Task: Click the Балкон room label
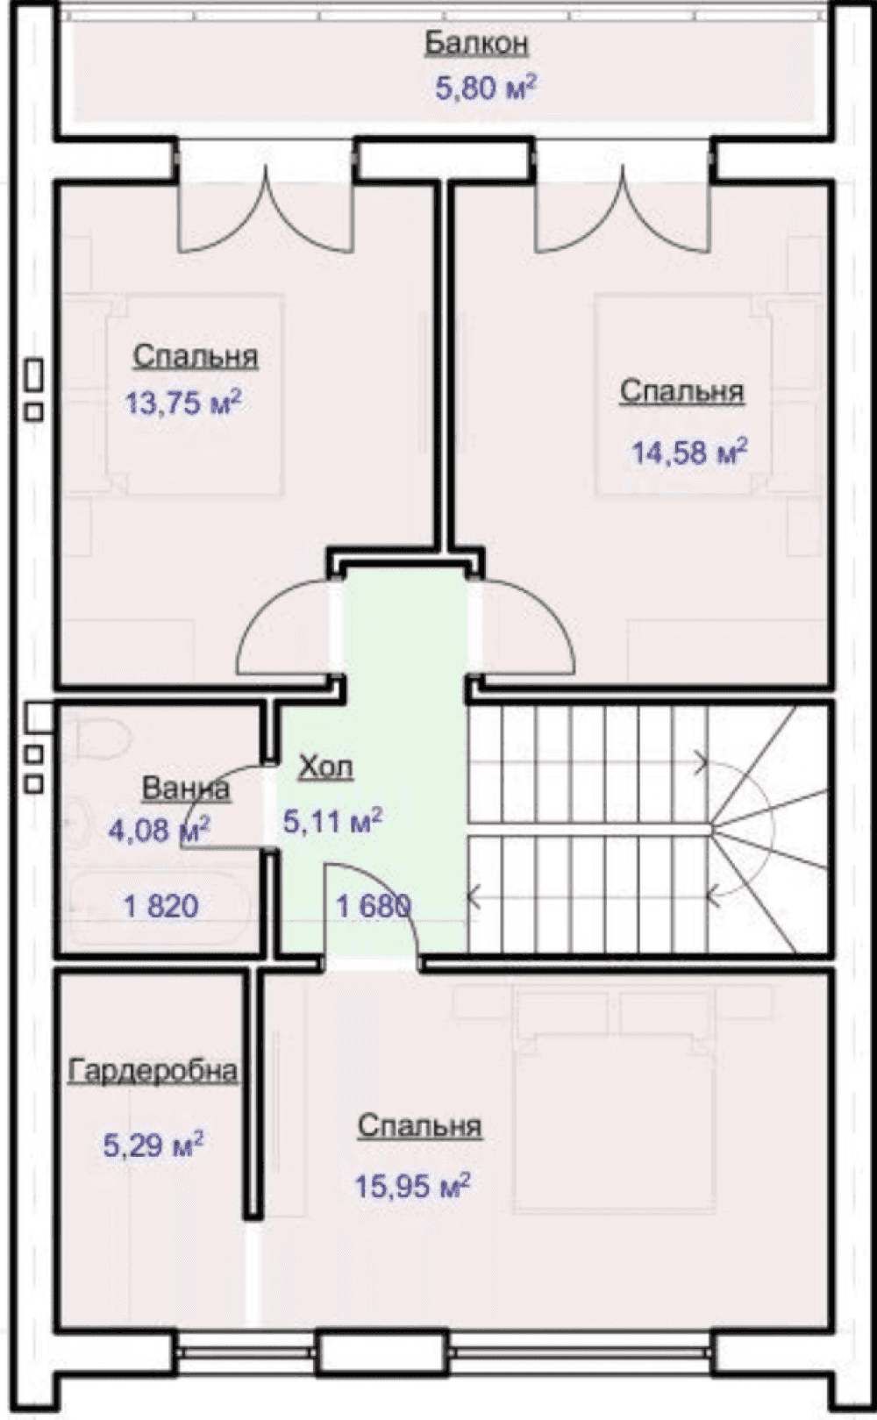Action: point(476,45)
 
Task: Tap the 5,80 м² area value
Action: point(485,88)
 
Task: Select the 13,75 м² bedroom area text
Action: point(183,402)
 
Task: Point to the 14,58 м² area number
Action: point(689,452)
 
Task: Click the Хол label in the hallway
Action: point(325,767)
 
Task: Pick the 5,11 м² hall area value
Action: point(332,821)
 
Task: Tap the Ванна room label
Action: point(185,788)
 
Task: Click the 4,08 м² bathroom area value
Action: point(159,829)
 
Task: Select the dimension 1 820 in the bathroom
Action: point(161,906)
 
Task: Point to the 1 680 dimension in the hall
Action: point(374,906)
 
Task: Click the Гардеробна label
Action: point(153,1071)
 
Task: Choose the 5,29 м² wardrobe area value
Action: point(153,1145)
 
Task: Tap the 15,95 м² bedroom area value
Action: point(412,1186)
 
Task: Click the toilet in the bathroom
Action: point(102,738)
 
